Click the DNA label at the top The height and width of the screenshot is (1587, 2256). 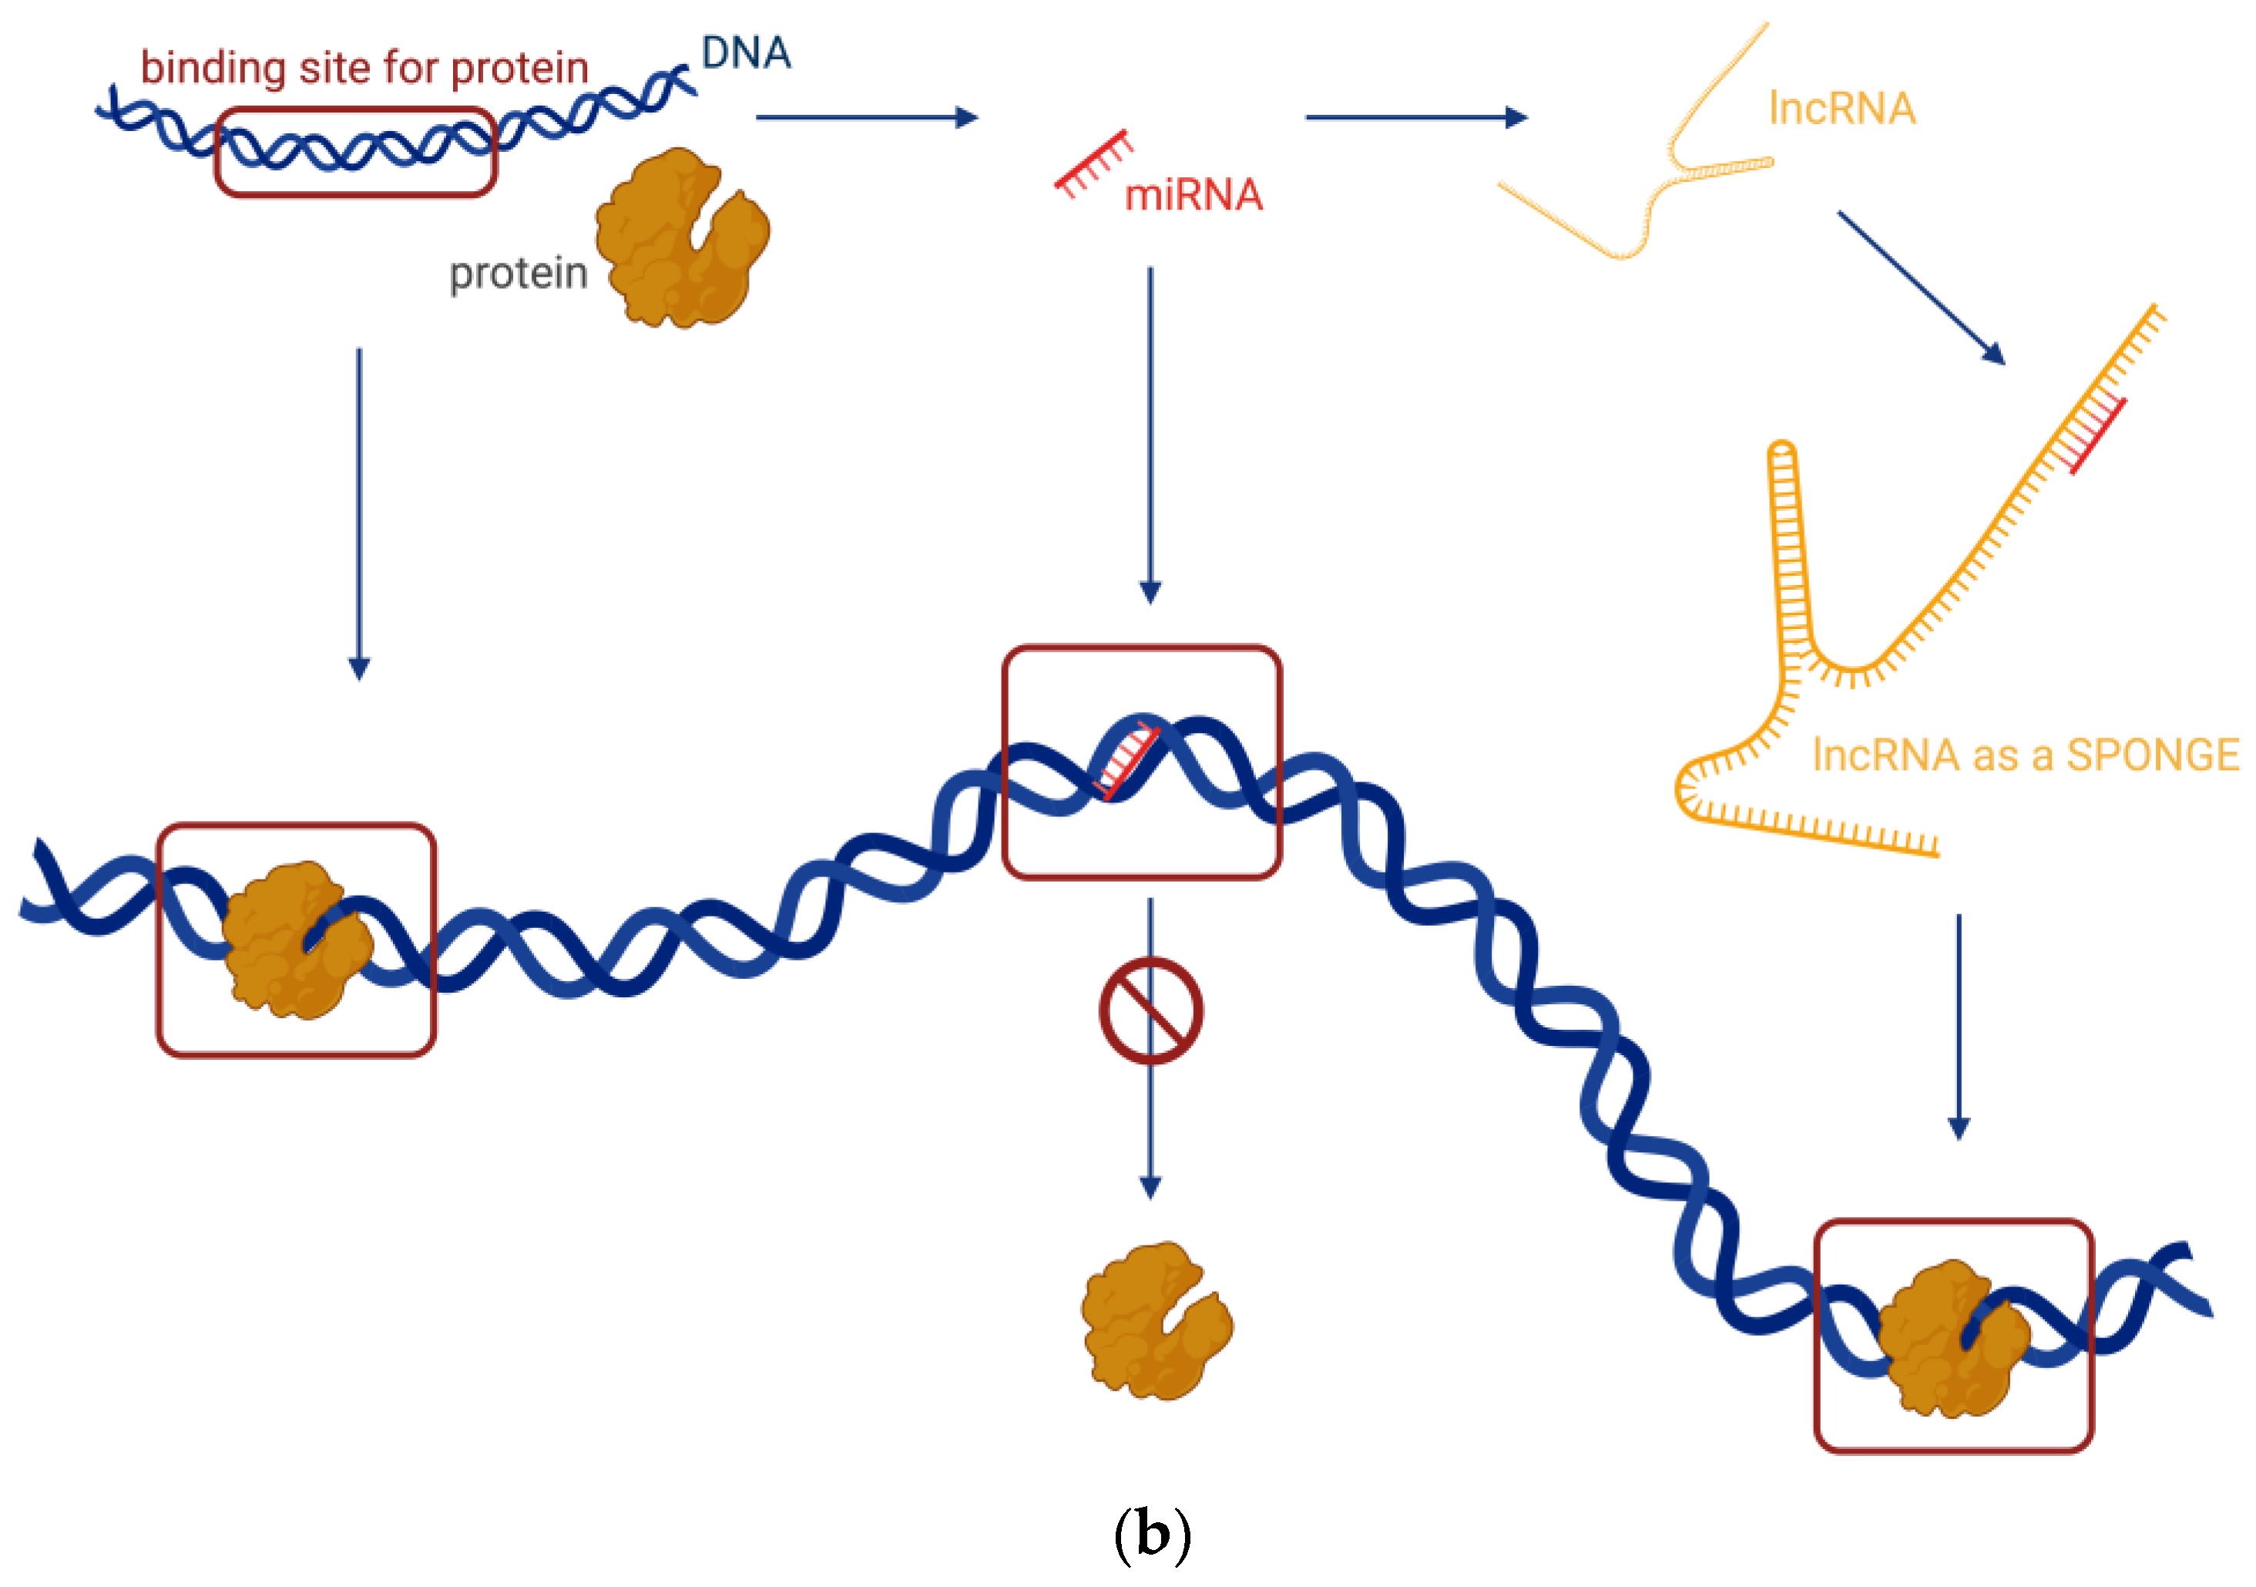(746, 53)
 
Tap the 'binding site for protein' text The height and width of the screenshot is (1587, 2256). (364, 69)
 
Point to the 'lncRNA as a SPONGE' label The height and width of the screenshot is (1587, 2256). (2025, 755)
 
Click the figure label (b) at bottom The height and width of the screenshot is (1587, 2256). (1152, 1533)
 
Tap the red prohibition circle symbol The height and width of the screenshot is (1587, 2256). (1150, 1010)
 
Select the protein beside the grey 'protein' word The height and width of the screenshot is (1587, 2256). (682, 239)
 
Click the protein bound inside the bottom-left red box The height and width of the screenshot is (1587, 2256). (294, 940)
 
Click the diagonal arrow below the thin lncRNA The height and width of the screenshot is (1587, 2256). (1920, 287)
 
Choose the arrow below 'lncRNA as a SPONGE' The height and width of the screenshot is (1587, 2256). (1959, 1026)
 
